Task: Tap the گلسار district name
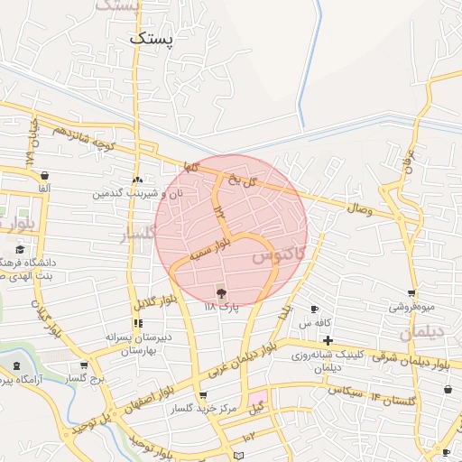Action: click(x=139, y=235)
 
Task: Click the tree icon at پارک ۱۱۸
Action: click(x=221, y=291)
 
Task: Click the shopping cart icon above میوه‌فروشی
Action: click(x=412, y=293)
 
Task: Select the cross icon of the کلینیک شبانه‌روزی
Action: click(x=328, y=341)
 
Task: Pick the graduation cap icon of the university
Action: click(x=20, y=250)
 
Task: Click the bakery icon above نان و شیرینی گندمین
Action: click(x=137, y=180)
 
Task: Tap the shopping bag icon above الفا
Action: click(x=45, y=175)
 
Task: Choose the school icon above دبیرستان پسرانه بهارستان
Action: click(x=137, y=322)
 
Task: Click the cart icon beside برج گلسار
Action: click(x=84, y=366)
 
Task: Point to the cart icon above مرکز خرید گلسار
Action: click(x=203, y=394)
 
